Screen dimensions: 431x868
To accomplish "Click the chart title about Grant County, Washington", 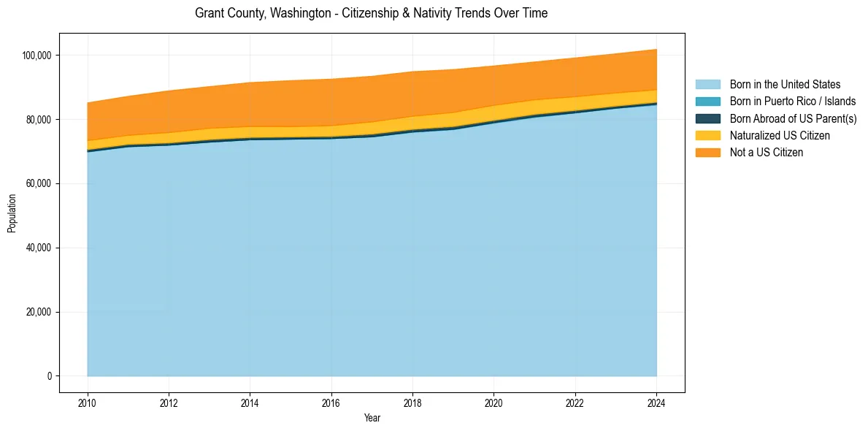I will pyautogui.click(x=371, y=13).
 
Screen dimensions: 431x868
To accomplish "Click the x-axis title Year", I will pyautogui.click(x=372, y=419).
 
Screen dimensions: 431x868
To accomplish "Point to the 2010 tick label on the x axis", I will pyautogui.click(x=87, y=402).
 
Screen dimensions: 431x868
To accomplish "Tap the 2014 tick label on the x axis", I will pyautogui.click(x=250, y=402).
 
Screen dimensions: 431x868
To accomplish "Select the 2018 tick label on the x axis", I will pyautogui.click(x=412, y=402).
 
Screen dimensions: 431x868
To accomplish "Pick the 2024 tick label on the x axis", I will pyautogui.click(x=656, y=402).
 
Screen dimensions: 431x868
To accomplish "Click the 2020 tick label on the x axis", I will pyautogui.click(x=493, y=402).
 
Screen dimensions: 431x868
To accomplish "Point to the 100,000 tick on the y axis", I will pyautogui.click(x=38, y=56).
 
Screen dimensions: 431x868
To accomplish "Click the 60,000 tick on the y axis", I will pyautogui.click(x=40, y=183).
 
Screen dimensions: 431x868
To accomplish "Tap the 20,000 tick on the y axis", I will pyautogui.click(x=40, y=312).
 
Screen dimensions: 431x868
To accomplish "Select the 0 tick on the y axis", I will pyautogui.click(x=50, y=376).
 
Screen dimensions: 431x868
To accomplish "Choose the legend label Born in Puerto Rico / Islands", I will pyautogui.click(x=793, y=102).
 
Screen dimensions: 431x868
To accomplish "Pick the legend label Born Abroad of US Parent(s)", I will pyautogui.click(x=793, y=118).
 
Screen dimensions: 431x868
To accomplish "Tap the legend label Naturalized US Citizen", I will pyautogui.click(x=780, y=135).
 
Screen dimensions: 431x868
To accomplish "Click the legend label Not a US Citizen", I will pyautogui.click(x=767, y=152).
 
